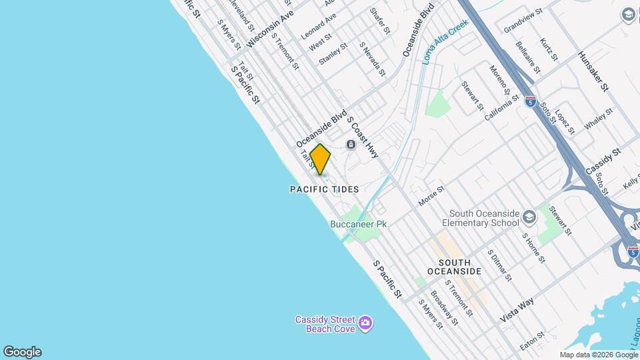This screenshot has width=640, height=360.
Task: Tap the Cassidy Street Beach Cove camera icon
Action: coord(365,324)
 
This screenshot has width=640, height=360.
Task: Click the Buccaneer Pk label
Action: coord(359,225)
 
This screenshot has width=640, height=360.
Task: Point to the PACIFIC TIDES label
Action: coord(325,190)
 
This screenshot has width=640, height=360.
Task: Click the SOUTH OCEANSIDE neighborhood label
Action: coord(453,267)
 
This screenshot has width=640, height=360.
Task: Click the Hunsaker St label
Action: coord(593,71)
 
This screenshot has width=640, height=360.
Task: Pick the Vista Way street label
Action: coord(517,311)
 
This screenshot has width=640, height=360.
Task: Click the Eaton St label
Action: coord(533,341)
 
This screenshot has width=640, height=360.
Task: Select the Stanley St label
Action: coord(333,54)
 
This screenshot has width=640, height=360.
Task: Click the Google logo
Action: coord(22,352)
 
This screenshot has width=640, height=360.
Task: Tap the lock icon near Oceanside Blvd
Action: coord(351,145)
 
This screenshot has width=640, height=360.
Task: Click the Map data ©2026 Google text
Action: coord(599,355)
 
